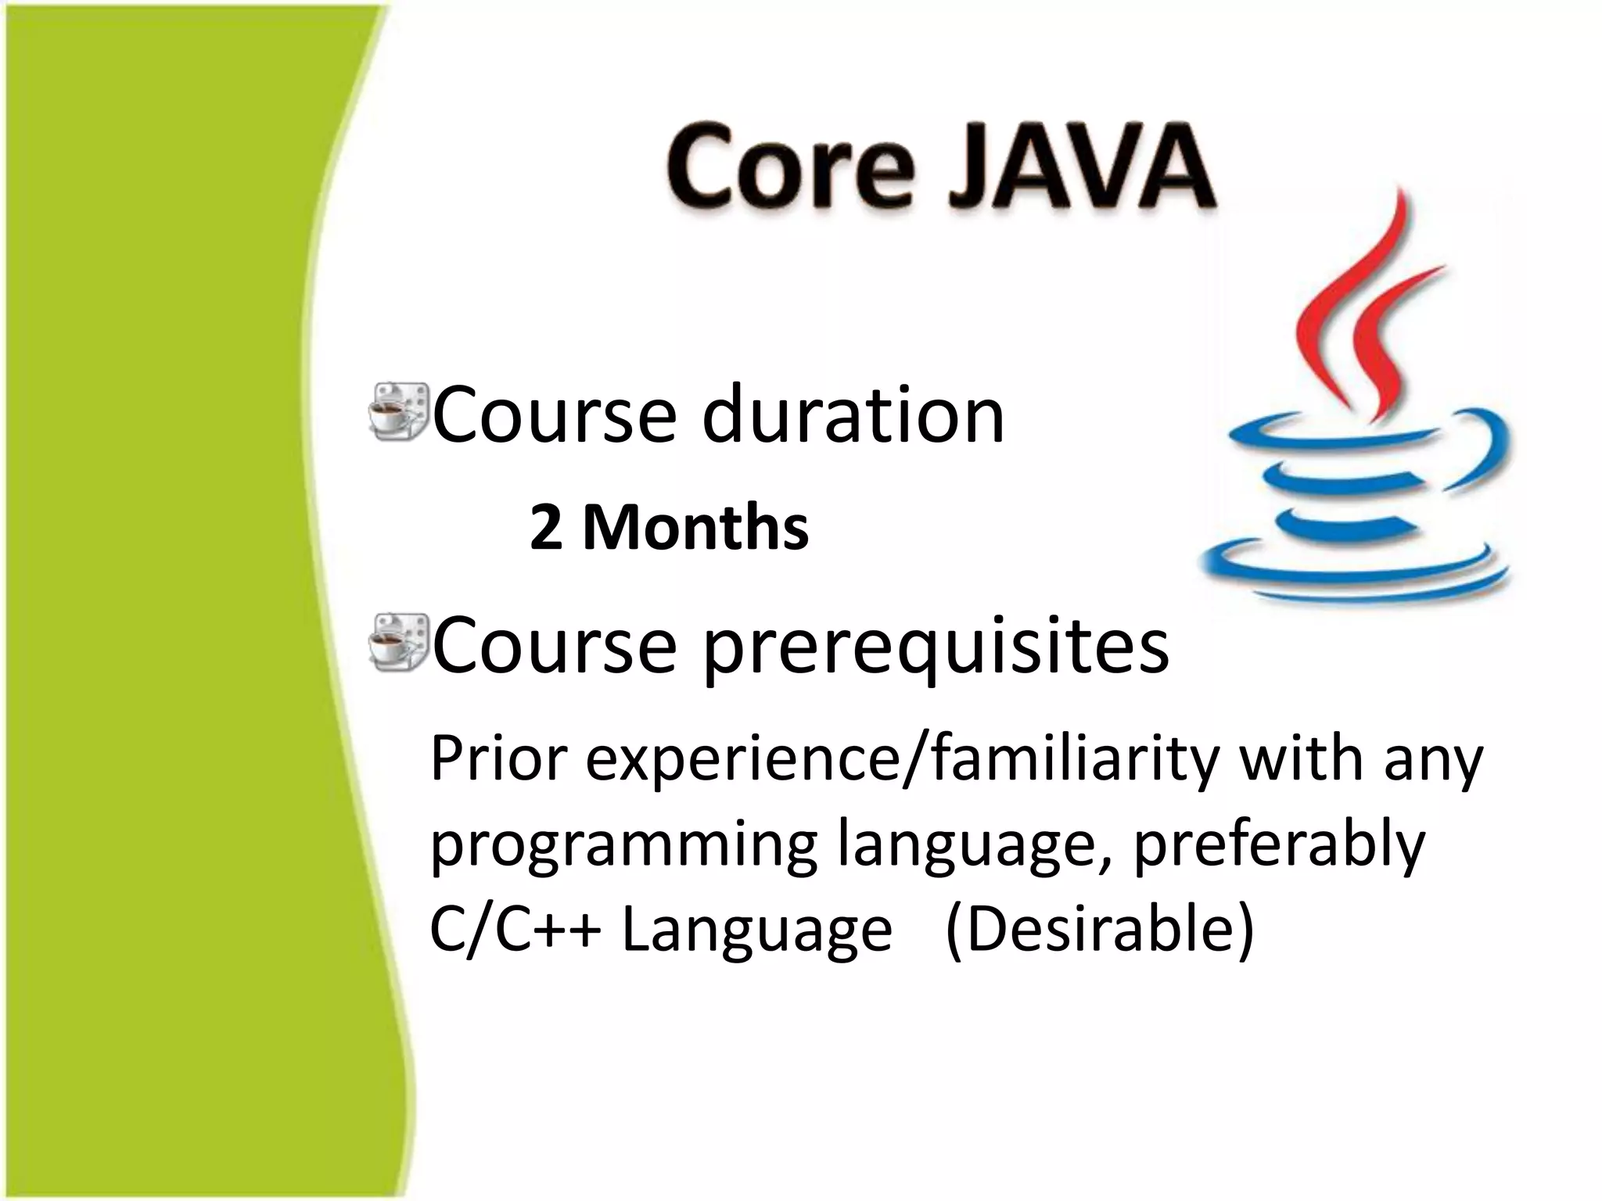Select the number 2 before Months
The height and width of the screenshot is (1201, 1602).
(545, 529)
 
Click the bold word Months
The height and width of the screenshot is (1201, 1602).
(695, 528)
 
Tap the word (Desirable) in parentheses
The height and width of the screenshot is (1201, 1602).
(1099, 930)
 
